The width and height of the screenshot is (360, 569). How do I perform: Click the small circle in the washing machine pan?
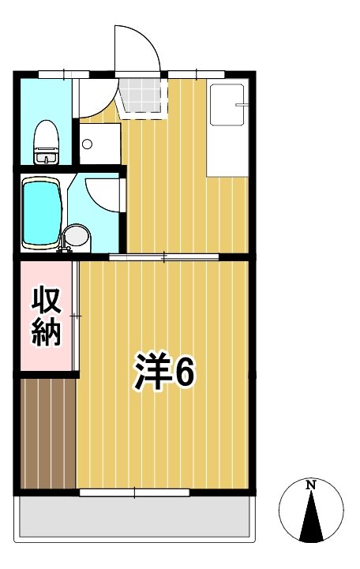(x=88, y=145)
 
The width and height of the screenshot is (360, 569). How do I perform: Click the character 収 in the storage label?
(x=47, y=300)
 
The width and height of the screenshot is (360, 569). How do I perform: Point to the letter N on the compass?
(x=311, y=484)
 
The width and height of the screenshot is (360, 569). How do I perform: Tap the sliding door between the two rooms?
(x=163, y=256)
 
